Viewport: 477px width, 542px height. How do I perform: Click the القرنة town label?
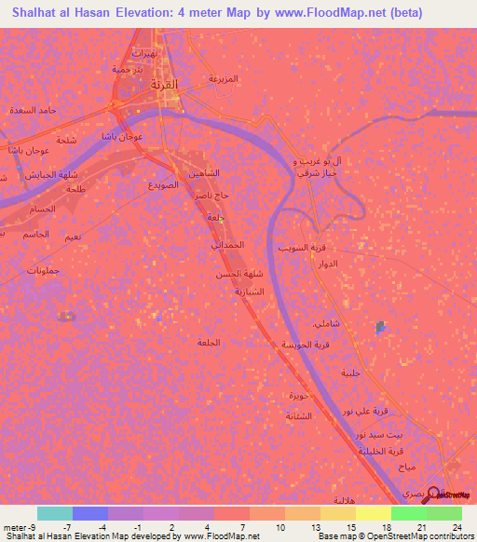click(163, 85)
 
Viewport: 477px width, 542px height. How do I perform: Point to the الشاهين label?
click(204, 174)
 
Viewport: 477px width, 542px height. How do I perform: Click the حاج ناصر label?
click(212, 196)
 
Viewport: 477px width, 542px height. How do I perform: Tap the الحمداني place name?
click(225, 245)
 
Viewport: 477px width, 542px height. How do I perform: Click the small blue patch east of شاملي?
click(379, 327)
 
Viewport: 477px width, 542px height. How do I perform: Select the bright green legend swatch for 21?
click(409, 514)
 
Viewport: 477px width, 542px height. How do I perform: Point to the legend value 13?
click(303, 528)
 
